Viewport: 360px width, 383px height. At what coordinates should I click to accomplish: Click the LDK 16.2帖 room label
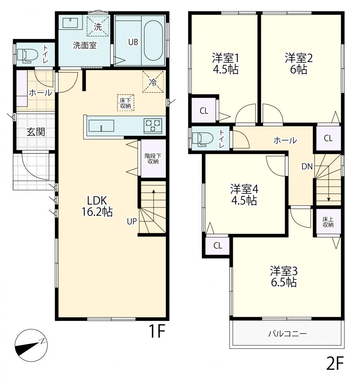click(97, 206)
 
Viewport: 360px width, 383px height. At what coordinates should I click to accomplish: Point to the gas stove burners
click(153, 126)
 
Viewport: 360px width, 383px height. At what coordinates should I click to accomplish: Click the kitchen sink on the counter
click(101, 126)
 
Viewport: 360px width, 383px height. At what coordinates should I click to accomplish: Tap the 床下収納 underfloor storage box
click(126, 103)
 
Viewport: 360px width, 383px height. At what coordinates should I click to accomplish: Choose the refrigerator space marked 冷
click(153, 82)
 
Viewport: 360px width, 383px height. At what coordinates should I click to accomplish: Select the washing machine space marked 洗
click(98, 26)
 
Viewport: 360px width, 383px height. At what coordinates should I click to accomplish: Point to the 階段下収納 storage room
click(153, 159)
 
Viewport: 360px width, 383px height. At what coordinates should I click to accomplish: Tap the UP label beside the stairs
click(132, 221)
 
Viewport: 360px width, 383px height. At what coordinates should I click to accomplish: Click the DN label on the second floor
click(307, 167)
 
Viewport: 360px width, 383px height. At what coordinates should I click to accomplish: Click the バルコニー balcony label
click(288, 334)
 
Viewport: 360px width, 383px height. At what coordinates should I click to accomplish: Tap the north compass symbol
click(31, 345)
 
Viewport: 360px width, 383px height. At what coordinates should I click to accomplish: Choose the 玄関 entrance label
click(36, 132)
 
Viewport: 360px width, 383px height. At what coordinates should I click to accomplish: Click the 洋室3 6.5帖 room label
click(283, 277)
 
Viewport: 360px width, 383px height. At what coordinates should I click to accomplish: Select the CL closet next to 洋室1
click(204, 110)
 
